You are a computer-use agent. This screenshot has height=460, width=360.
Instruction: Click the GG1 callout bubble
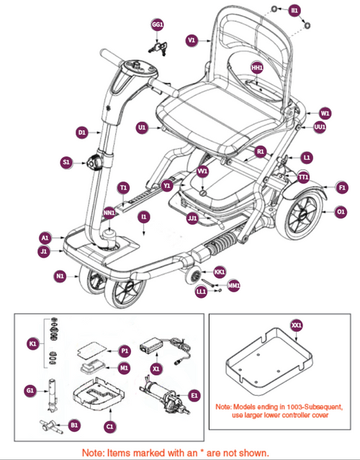click(158, 24)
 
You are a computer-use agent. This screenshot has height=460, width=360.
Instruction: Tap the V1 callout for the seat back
click(191, 41)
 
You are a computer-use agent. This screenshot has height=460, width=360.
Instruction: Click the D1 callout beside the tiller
click(81, 132)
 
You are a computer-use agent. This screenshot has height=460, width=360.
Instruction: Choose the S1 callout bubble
click(67, 163)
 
